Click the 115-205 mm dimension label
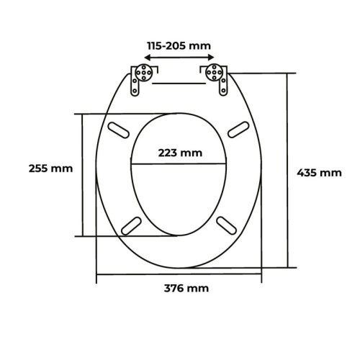179,45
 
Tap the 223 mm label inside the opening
180,153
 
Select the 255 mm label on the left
50,168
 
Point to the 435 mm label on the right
319,173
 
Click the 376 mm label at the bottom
186,288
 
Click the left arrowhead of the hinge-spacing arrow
148,58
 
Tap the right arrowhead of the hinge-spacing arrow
211,57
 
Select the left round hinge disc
143,72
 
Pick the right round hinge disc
214,72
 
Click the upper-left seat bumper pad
118,130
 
